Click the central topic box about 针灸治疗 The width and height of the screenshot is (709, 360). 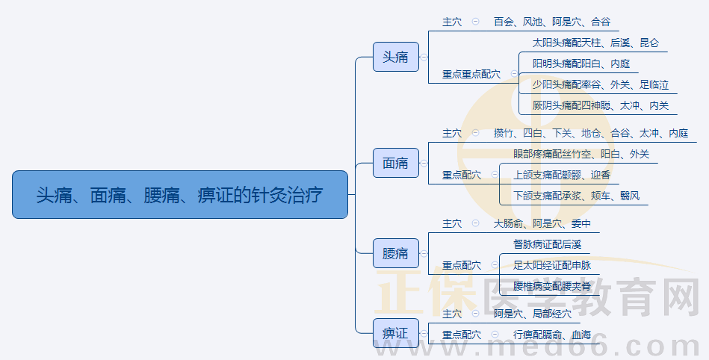(x=180, y=195)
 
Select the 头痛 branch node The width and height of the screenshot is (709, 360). (x=395, y=57)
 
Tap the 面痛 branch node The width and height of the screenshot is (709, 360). (x=395, y=163)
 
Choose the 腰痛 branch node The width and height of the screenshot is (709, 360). (x=395, y=254)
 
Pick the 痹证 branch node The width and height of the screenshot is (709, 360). (x=395, y=333)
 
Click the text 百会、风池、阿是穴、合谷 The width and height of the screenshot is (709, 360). (x=551, y=22)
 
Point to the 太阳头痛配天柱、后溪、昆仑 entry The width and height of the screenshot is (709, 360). (x=595, y=43)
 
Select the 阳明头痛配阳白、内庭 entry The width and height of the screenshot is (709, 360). (x=580, y=64)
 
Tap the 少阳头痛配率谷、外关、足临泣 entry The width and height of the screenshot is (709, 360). (x=600, y=85)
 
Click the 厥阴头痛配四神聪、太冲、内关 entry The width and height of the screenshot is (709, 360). (x=600, y=106)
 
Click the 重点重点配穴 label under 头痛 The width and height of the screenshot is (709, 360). (x=471, y=74)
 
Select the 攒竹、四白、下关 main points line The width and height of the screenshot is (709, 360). (x=590, y=134)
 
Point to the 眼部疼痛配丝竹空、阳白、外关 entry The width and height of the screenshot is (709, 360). (x=580, y=155)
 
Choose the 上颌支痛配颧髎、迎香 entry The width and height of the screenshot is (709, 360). (x=561, y=176)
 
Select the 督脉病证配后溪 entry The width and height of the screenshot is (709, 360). (x=547, y=244)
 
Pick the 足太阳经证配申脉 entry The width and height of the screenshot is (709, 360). (x=551, y=265)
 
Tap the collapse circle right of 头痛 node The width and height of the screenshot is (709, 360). (x=424, y=57)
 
